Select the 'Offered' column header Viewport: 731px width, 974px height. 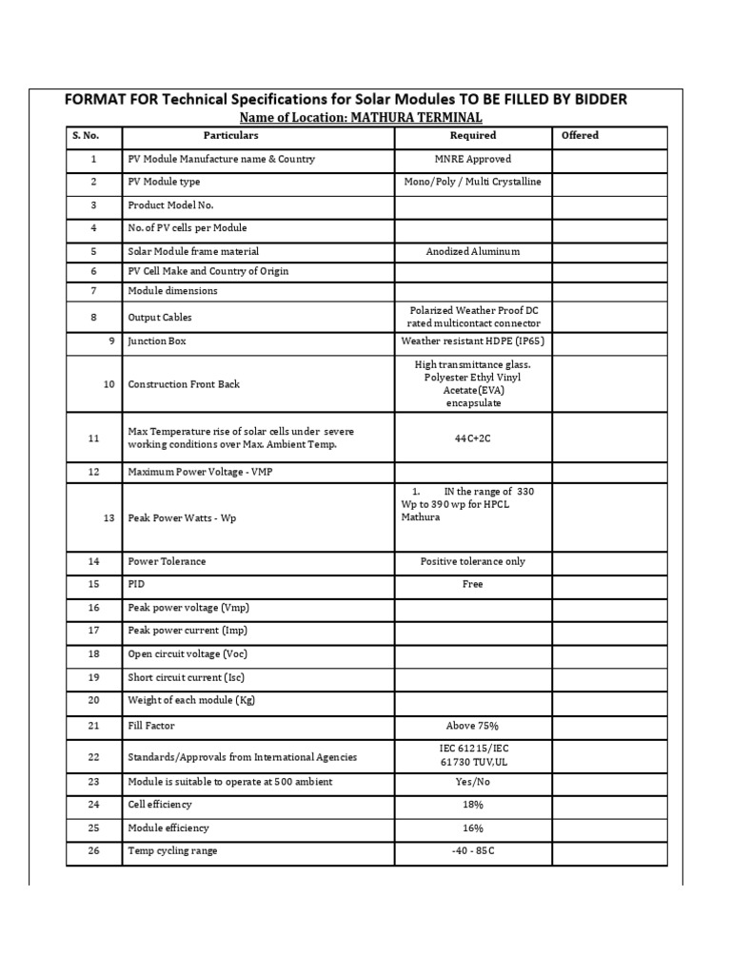580,136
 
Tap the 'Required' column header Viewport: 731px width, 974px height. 473,136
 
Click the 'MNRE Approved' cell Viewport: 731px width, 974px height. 473,160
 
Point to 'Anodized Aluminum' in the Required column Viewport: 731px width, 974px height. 473,252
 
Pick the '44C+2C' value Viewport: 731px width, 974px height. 473,438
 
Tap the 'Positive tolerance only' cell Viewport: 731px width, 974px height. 473,562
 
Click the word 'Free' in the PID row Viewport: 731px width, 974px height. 473,585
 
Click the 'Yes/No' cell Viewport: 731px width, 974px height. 473,782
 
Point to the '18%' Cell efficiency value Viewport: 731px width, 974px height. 473,805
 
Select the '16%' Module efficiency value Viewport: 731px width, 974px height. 473,828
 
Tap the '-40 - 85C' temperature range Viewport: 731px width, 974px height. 473,851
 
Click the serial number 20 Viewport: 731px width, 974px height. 93,701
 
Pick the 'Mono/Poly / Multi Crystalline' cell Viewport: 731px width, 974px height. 473,182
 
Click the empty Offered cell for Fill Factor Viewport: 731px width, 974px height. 609,727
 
